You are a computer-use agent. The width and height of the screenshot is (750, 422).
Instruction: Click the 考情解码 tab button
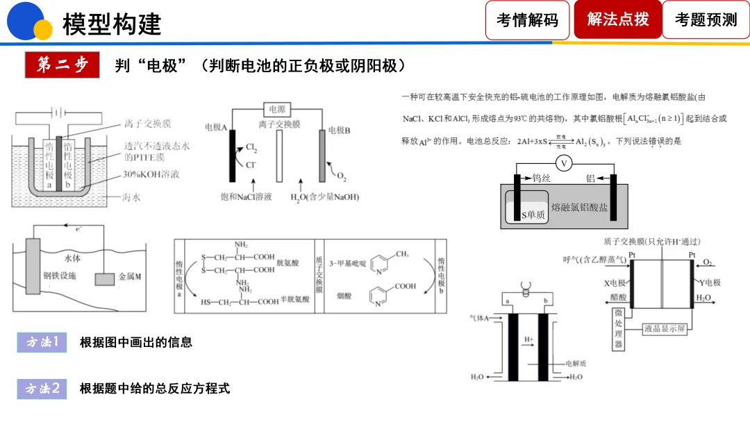tap(527, 19)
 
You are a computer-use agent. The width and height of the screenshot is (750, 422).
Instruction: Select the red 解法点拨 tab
tap(617, 19)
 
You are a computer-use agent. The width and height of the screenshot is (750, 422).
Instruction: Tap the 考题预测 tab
tap(706, 19)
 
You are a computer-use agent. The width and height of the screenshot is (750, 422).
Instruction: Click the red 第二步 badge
tap(62, 65)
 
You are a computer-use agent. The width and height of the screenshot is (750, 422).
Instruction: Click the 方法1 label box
tap(42, 342)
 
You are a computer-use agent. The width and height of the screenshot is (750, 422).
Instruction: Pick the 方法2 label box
tap(42, 389)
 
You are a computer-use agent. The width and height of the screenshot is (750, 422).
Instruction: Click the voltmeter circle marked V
tap(565, 164)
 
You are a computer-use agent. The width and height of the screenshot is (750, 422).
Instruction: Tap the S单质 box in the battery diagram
tap(533, 216)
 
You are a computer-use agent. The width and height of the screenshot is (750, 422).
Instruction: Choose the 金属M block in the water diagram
tap(106, 278)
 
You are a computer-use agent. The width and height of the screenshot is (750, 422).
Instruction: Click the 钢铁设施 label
tap(60, 276)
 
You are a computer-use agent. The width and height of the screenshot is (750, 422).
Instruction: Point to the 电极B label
tap(339, 129)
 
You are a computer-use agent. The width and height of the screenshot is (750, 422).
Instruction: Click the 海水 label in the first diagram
tap(133, 198)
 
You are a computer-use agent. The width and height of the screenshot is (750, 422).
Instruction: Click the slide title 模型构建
tap(112, 24)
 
